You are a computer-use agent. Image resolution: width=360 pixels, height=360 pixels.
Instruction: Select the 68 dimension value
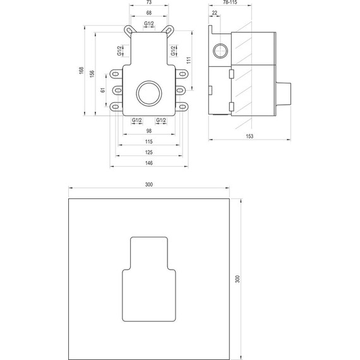point(149,13)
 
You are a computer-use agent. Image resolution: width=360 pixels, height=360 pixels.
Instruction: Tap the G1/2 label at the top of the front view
point(149,23)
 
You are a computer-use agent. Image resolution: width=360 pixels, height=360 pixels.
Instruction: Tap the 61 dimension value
point(103,91)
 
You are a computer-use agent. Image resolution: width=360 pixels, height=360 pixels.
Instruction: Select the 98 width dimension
point(149,131)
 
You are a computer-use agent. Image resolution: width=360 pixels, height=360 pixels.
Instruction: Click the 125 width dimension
point(149,152)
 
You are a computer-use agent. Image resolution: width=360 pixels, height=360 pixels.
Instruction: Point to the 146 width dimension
point(149,162)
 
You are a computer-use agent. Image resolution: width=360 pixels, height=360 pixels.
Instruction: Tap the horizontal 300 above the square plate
point(149,184)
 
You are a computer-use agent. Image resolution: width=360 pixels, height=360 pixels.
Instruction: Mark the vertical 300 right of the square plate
point(237,278)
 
